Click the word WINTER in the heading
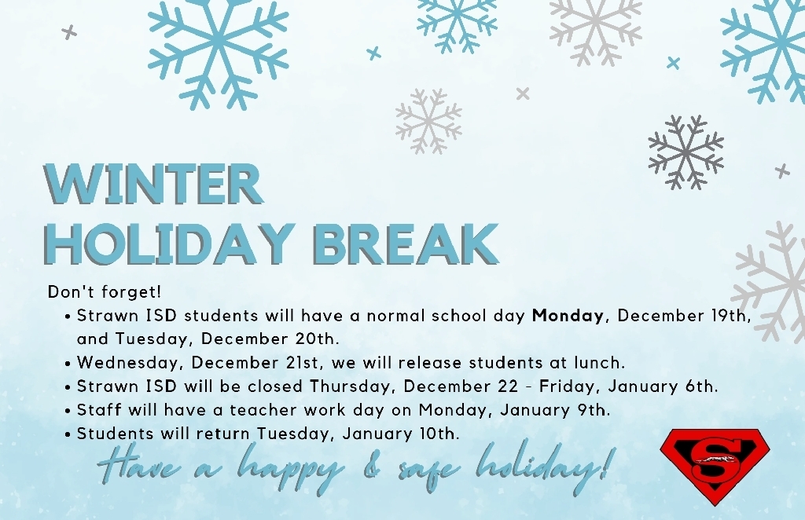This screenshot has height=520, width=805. tap(153, 184)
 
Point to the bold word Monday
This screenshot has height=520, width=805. tap(568, 316)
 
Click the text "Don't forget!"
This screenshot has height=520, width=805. tap(105, 291)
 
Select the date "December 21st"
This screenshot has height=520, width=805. tap(255, 363)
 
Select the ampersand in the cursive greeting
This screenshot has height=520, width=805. tap(370, 467)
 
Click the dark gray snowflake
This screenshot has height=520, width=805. tap(686, 152)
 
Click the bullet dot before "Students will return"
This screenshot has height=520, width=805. tap(68, 434)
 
